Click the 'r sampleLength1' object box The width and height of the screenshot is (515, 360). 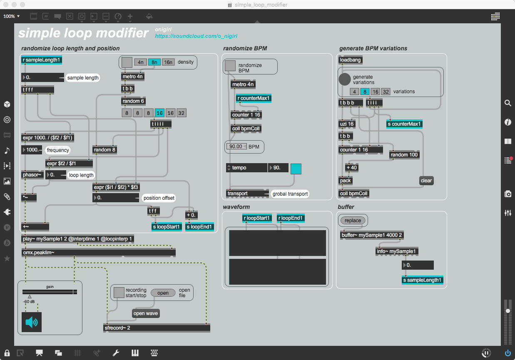click(x=41, y=60)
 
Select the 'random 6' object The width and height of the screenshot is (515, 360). click(x=133, y=101)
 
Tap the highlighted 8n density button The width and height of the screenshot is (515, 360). click(x=154, y=62)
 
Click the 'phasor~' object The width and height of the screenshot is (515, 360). click(x=32, y=175)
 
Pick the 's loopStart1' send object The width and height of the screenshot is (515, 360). click(x=167, y=227)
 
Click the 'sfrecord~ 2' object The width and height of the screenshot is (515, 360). click(x=157, y=328)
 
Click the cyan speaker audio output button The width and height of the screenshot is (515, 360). click(x=31, y=322)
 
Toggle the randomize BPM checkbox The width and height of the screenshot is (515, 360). click(x=230, y=65)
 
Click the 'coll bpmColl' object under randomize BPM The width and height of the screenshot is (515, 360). click(x=246, y=129)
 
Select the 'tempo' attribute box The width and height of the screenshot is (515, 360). click(x=246, y=168)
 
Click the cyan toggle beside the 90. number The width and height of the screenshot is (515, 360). click(x=296, y=169)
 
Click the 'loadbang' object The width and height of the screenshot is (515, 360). click(x=350, y=60)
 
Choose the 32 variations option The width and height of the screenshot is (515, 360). click(x=386, y=92)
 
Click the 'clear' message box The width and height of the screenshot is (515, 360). click(x=426, y=181)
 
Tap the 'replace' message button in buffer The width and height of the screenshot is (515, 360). click(x=353, y=221)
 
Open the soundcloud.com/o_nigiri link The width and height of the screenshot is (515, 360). click(x=196, y=37)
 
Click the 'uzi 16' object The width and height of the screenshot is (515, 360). click(x=346, y=124)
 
